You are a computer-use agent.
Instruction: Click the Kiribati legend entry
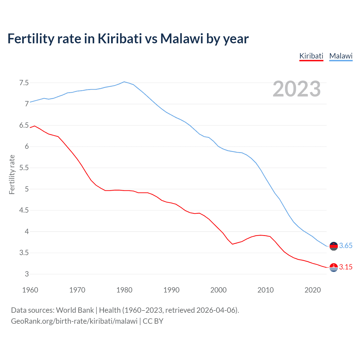coord(311,56)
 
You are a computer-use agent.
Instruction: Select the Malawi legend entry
coord(341,56)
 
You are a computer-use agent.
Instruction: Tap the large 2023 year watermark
coord(296,89)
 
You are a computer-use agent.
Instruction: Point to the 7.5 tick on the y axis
coord(24,83)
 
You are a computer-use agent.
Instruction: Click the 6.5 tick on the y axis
coord(24,125)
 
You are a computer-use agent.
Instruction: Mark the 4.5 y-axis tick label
coord(24,210)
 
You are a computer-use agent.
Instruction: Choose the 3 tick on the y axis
coord(27,274)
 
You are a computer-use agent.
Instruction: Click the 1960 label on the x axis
coord(30,290)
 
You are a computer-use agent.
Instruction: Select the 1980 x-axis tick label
coord(124,290)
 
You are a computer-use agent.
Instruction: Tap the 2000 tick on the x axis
coord(218,290)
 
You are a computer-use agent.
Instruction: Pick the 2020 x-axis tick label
coord(312,290)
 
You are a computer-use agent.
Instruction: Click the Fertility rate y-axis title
coord(12,174)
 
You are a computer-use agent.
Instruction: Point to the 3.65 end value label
coord(346,246)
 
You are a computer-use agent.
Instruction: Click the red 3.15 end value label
coord(346,267)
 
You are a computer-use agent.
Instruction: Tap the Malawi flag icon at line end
coord(334,246)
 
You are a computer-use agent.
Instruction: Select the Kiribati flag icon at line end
coord(334,267)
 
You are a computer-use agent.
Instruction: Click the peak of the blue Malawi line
coord(124,82)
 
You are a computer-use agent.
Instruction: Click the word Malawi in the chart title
coord(182,39)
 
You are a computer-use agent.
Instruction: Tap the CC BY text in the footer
coord(153,321)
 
